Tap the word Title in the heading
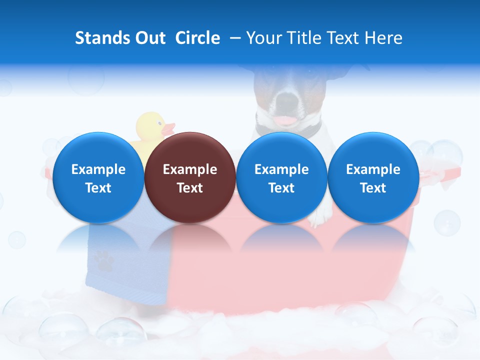305,38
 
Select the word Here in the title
384,38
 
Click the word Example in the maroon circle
190,169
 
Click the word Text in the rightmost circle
373,188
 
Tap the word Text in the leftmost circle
98,188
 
